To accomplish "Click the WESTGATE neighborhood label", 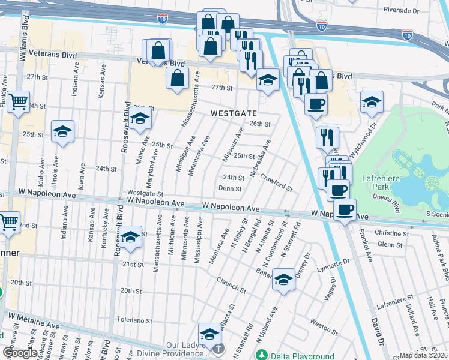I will tap(234, 113).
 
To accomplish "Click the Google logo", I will tap(20, 353).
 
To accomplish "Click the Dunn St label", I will tap(230, 188).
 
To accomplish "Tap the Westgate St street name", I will tap(145, 194).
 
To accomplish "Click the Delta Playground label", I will tap(301, 356).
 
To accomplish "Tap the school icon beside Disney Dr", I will tap(283, 280).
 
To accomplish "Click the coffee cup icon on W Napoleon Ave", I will tap(345, 211).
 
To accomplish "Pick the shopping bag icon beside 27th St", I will tap(178, 78).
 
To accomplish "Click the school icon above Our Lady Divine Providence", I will tap(210, 333).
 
